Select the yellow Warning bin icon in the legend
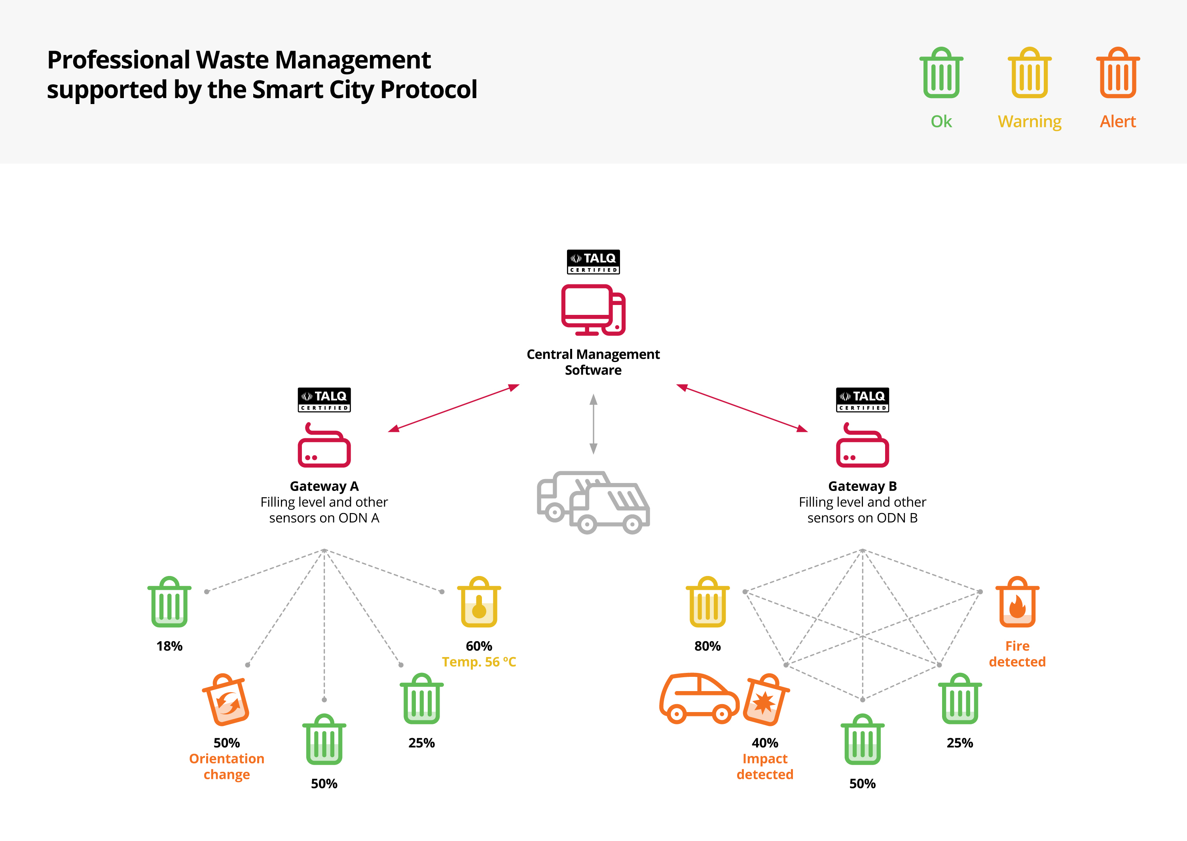coord(1029,73)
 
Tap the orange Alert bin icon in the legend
coord(1118,73)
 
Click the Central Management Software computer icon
coord(593,310)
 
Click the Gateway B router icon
coord(862,445)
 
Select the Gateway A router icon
coord(324,445)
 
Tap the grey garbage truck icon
coord(593,502)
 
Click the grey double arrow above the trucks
coord(593,424)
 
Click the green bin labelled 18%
coord(169,602)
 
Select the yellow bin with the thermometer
coord(479,602)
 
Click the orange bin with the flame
coord(1017,602)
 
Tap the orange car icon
coord(699,699)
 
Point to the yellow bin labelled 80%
coord(707,602)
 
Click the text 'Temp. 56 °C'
coord(479,662)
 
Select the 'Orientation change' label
coord(227,766)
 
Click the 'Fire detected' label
coord(1017,653)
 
